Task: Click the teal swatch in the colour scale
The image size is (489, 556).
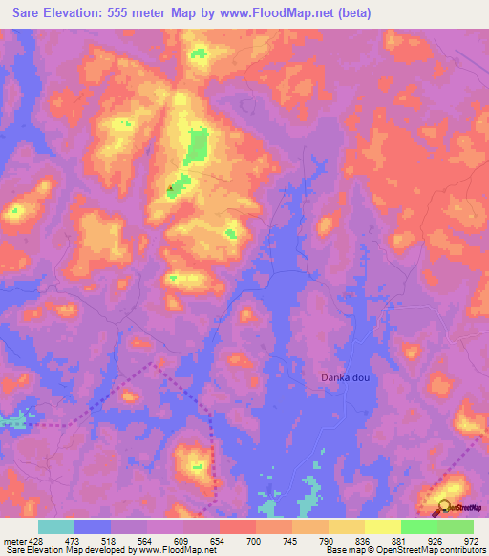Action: coord(56,526)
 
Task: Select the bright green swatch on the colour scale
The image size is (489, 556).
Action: coord(418,526)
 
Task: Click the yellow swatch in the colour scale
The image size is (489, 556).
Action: coord(382,526)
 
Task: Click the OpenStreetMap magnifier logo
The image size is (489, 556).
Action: coord(445,507)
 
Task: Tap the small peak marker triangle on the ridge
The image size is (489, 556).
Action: coord(171,189)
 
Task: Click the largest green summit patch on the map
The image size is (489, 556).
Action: coord(197,146)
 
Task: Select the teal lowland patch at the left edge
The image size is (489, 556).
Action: coord(11,419)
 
